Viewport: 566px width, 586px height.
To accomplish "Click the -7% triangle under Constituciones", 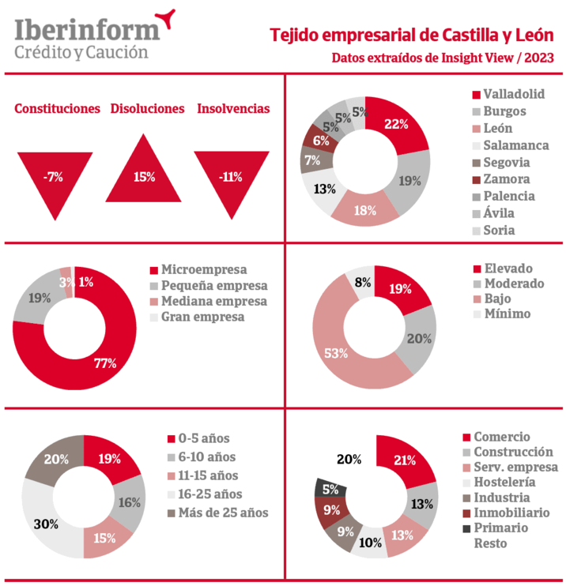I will pyautogui.click(x=54, y=178).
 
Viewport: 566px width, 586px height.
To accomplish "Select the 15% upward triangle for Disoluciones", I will pyautogui.click(x=144, y=175).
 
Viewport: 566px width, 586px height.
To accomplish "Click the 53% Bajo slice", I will pyautogui.click(x=338, y=352).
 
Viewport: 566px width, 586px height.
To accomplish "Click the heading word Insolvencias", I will pyautogui.click(x=233, y=109).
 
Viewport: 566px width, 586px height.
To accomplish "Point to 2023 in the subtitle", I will pyautogui.click(x=538, y=58).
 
